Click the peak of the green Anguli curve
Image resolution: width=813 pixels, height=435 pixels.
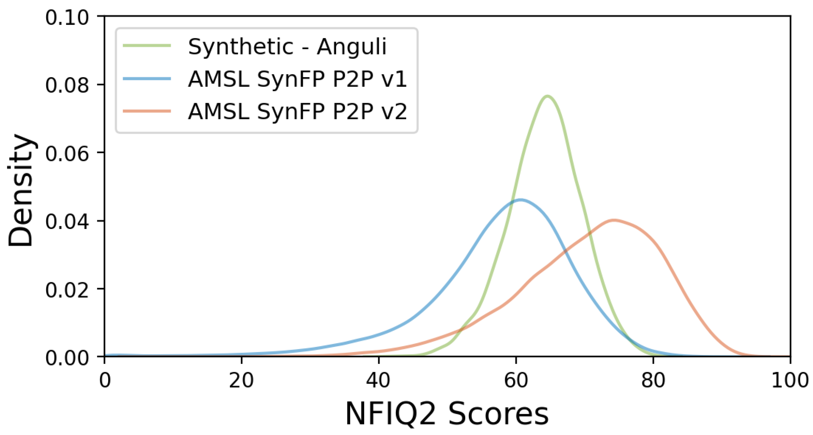tap(547, 96)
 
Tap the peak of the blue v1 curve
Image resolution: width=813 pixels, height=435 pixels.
tap(521, 200)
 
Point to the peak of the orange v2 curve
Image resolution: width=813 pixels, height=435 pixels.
tap(613, 220)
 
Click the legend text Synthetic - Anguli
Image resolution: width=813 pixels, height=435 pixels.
tap(287, 47)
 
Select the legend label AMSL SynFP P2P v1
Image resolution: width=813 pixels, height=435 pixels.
tap(298, 79)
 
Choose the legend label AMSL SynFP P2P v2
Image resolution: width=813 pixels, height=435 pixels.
tap(298, 111)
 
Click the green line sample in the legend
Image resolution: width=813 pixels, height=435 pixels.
tap(147, 46)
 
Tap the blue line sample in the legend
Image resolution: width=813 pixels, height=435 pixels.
tap(147, 79)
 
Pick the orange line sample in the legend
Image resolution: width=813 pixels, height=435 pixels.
tap(147, 111)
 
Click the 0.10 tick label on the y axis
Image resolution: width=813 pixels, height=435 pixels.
tap(67, 17)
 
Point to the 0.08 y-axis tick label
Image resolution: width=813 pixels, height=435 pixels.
tap(67, 85)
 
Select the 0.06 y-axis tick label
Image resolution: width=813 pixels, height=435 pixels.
tap(67, 153)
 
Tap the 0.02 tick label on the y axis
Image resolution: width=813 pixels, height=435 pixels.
tap(67, 289)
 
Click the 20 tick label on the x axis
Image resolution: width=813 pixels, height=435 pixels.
tap(241, 380)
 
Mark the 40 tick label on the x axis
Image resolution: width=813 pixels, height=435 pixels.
tap(379, 380)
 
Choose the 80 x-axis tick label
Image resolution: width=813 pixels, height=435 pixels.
tap(653, 380)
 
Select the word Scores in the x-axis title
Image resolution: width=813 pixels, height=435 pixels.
tap(498, 414)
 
